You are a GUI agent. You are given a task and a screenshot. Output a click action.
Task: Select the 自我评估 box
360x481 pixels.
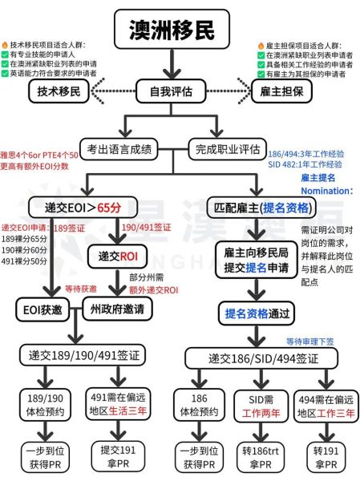point(177,91)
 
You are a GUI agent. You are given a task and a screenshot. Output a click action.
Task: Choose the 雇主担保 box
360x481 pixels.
point(285,92)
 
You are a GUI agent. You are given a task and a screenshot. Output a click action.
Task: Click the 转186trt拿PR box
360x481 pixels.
point(261,455)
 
